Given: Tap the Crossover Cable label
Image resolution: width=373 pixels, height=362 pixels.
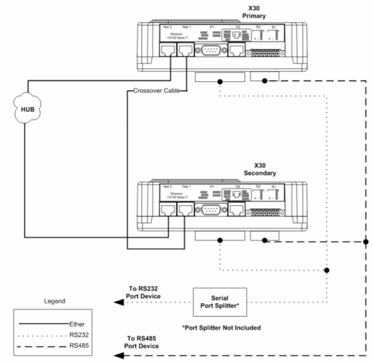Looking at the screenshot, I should [x=156, y=90].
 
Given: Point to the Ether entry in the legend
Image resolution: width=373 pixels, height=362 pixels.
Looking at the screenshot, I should [x=77, y=324].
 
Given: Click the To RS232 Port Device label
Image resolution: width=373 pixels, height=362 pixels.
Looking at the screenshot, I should [x=145, y=292].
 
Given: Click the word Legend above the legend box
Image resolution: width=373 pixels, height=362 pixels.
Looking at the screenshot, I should [x=55, y=301].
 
